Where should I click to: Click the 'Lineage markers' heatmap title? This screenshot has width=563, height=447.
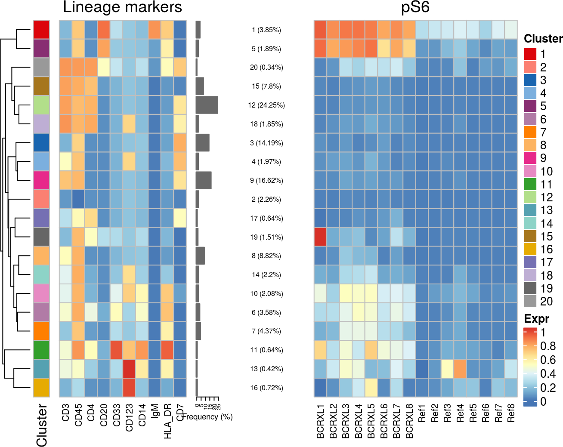click(122, 7)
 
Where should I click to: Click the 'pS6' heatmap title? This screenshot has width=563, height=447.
click(415, 7)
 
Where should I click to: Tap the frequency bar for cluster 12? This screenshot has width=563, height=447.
click(207, 105)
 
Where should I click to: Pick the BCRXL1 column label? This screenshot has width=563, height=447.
click(320, 421)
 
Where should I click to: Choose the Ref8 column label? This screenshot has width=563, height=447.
click(511, 413)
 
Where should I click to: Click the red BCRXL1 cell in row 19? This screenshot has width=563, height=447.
click(320, 237)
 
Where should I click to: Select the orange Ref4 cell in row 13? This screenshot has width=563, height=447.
click(460, 369)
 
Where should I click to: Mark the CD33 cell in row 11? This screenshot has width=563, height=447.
click(116, 350)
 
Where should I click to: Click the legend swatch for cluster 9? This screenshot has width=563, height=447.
click(530, 158)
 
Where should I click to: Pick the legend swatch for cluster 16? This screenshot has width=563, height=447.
click(530, 250)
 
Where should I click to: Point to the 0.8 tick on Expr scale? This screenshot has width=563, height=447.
click(548, 346)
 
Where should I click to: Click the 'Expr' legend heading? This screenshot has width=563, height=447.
click(536, 319)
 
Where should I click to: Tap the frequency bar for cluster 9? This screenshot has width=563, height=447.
click(203, 181)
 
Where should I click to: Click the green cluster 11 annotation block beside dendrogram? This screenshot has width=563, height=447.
click(41, 350)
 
